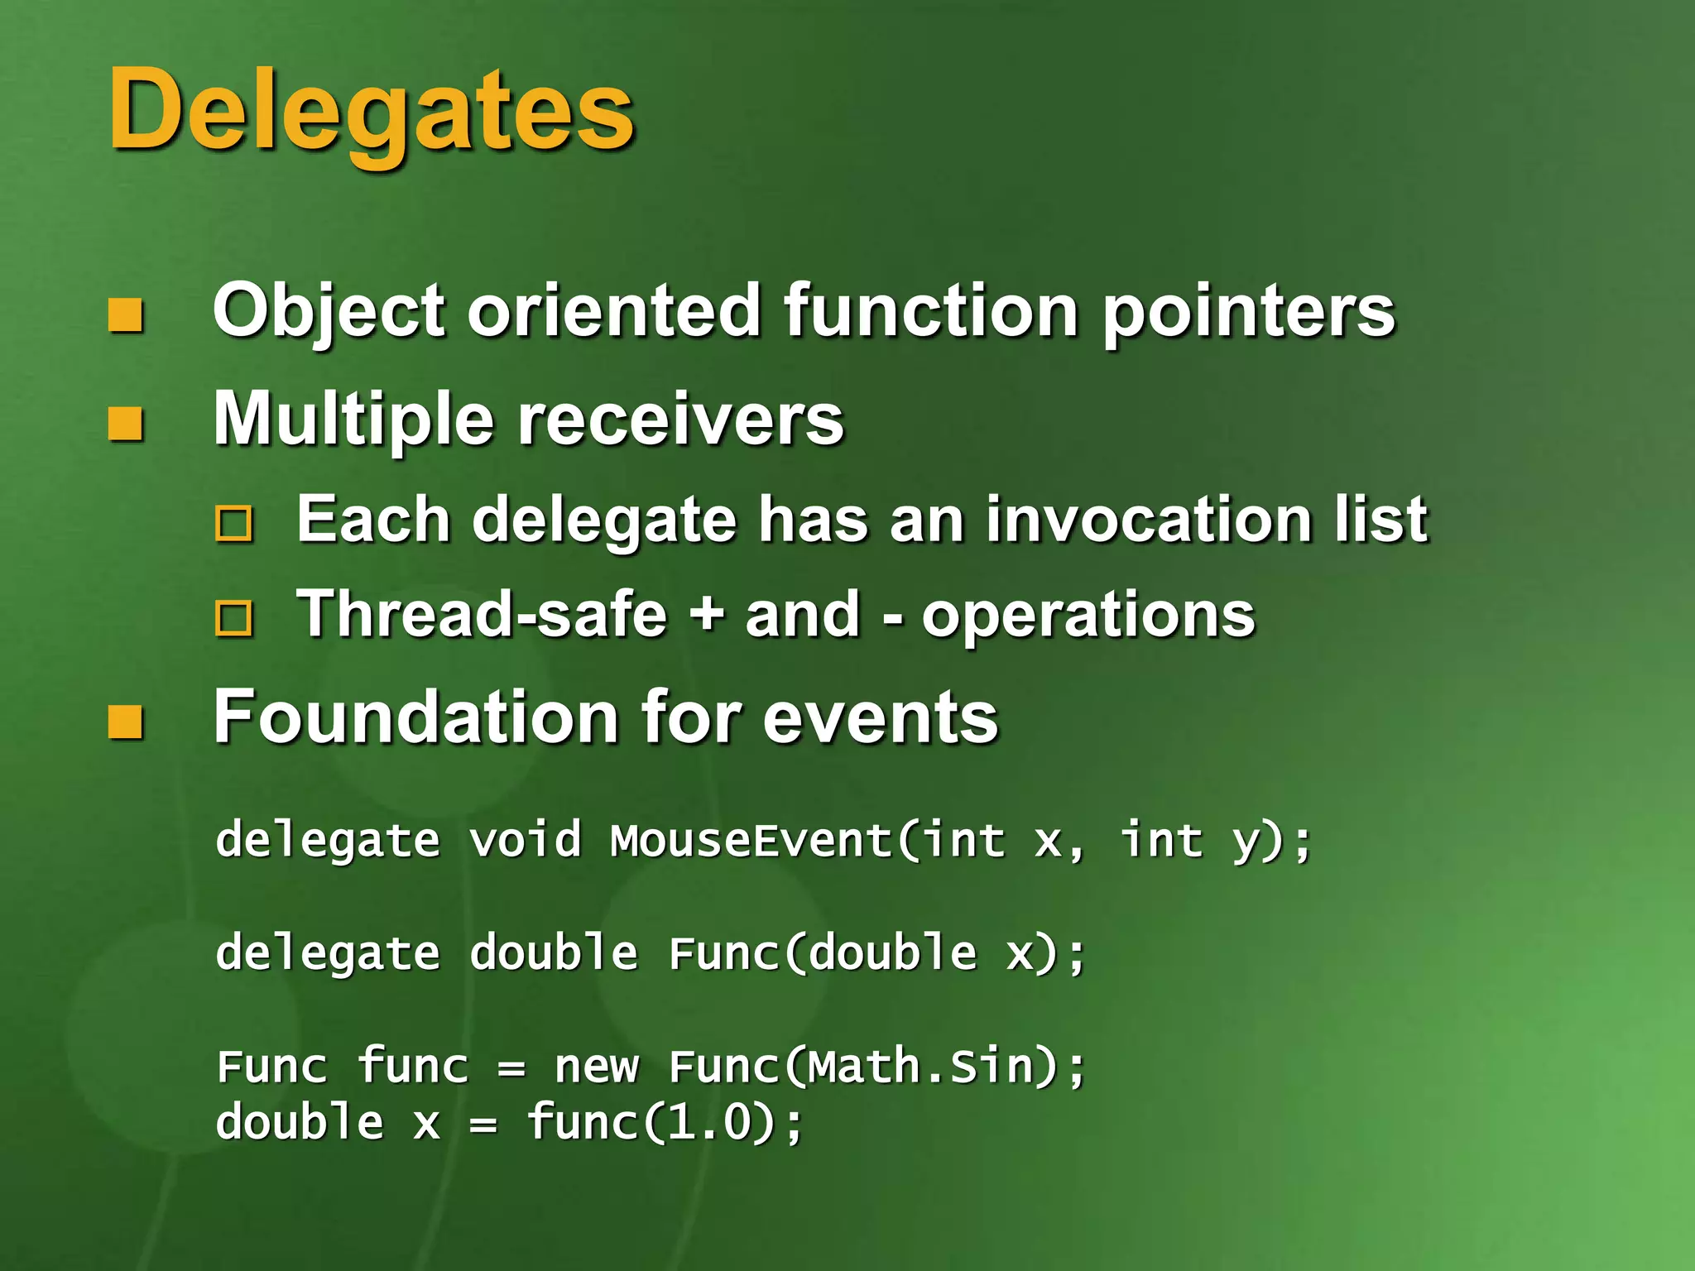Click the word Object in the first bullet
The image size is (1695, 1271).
pyautogui.click(x=329, y=312)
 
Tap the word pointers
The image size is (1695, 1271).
pyautogui.click(x=1249, y=312)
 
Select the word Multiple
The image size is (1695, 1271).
pyautogui.click(x=353, y=420)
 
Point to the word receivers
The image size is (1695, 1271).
pyautogui.click(x=681, y=420)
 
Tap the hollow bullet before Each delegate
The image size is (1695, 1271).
pyautogui.click(x=234, y=524)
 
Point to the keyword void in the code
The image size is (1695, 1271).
pyautogui.click(x=526, y=841)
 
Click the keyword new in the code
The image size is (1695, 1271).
pyautogui.click(x=597, y=1067)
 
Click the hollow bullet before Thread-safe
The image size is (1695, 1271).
pyautogui.click(x=234, y=618)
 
